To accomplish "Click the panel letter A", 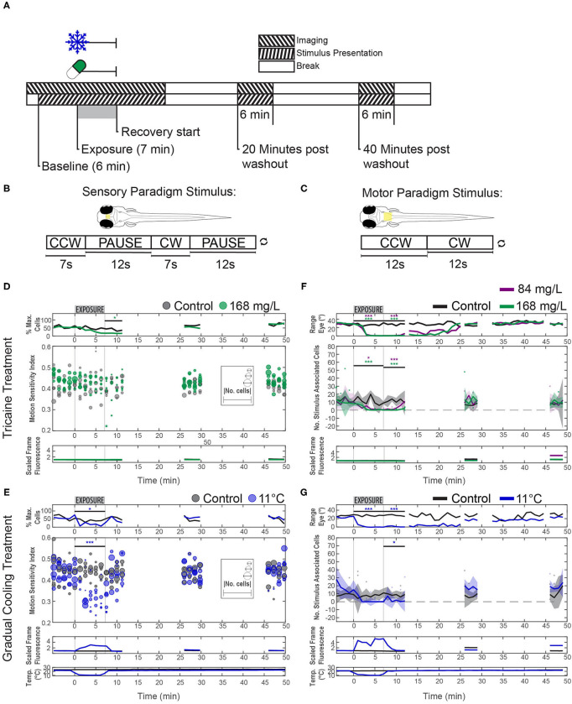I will [7, 8].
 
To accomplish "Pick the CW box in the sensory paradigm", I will [169, 243].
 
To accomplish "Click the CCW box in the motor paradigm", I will [393, 244].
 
